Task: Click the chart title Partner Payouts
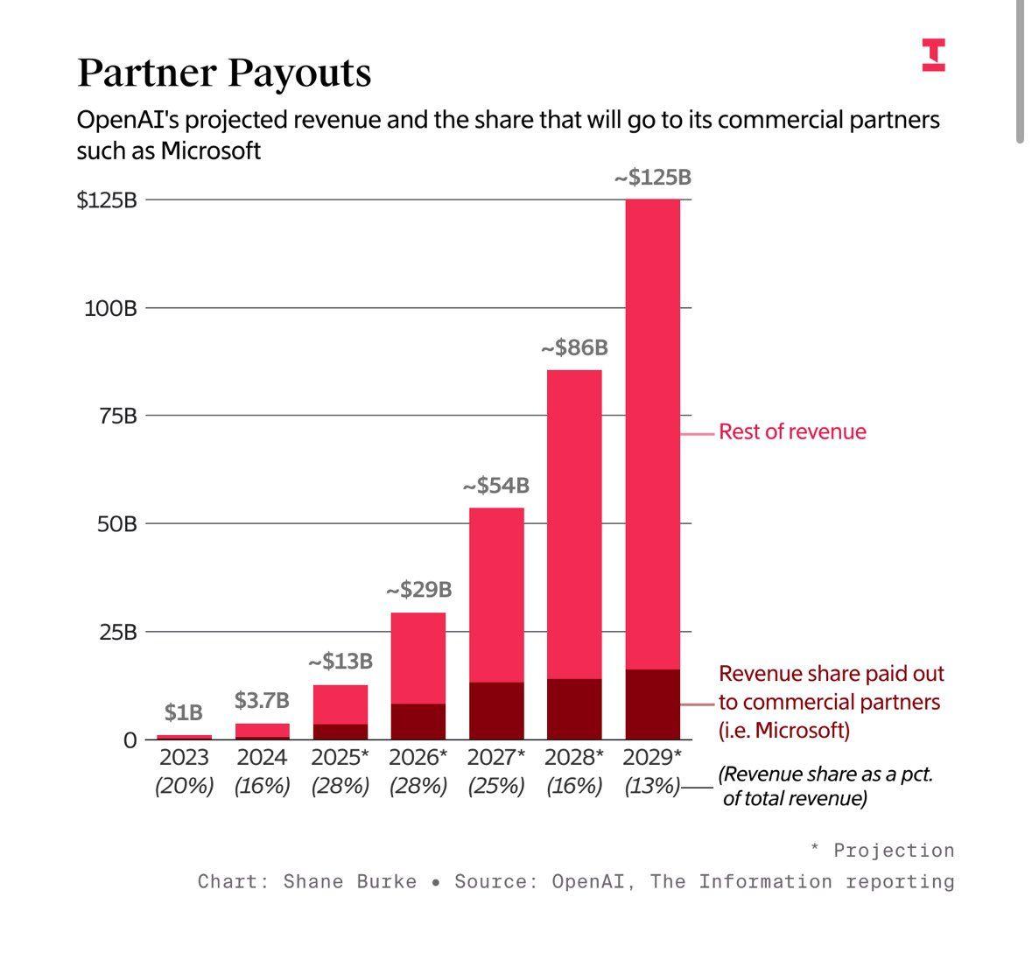point(224,73)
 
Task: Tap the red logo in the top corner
point(933,54)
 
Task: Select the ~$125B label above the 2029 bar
point(652,178)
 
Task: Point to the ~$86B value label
point(574,348)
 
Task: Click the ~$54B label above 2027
point(496,486)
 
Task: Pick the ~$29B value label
point(418,590)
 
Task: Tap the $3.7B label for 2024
point(262,701)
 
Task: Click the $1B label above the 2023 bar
point(184,713)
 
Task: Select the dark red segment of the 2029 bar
point(652,704)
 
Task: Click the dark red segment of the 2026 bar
point(418,722)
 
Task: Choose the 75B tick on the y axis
point(118,416)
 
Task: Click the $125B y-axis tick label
point(108,200)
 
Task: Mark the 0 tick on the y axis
point(130,740)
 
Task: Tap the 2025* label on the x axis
point(340,757)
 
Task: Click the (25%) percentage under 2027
point(496,786)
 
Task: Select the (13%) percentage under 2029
point(652,786)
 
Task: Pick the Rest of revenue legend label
point(792,431)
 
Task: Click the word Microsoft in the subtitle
point(210,151)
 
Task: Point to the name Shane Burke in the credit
point(350,881)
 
